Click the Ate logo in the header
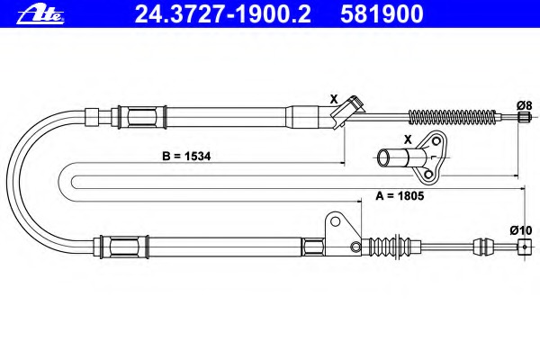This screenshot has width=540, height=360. pos(40,14)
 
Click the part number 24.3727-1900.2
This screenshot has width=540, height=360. pos(222,14)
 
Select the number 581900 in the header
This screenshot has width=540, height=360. pos(382,14)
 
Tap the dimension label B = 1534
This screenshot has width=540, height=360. pos(186,156)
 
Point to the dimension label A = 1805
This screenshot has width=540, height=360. pos(400,195)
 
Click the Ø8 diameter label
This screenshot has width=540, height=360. pos(524,105)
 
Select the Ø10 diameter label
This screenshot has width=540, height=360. pos(521,230)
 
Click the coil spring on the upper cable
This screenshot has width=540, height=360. pos(452,117)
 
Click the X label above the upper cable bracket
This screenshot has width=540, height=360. pos(334,99)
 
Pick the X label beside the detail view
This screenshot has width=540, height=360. pos(408,139)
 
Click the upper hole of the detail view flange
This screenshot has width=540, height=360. pos(436,141)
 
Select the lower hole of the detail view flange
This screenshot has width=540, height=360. pos(428,175)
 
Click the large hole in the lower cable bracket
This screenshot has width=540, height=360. pos(335,220)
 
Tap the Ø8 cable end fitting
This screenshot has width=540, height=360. pos(523,117)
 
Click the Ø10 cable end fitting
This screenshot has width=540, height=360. pos(524,247)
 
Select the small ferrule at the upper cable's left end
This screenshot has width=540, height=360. pos(92,117)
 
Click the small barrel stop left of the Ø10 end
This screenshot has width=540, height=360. pos(480,247)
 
